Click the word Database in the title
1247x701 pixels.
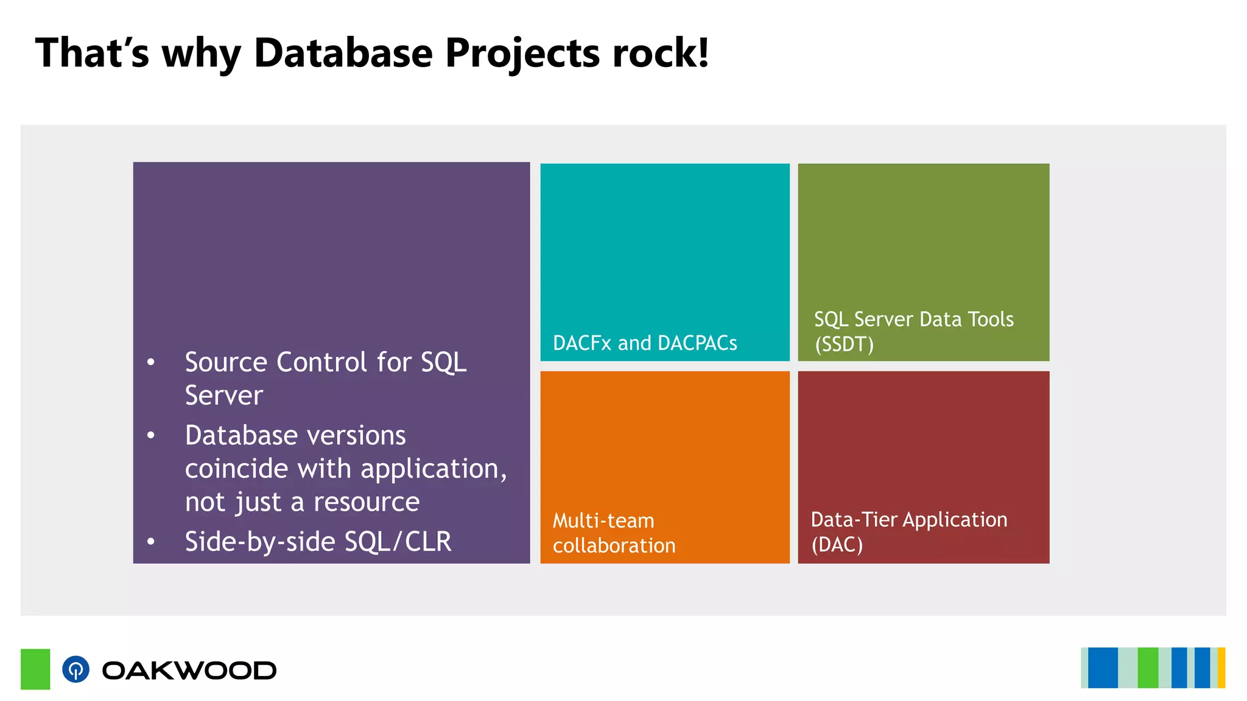click(343, 53)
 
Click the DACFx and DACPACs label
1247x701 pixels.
click(645, 343)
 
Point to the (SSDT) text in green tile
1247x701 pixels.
click(844, 344)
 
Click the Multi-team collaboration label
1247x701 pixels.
click(614, 533)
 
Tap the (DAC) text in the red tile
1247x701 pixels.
click(837, 544)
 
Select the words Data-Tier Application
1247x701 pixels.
click(909, 520)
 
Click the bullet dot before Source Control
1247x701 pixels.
click(151, 363)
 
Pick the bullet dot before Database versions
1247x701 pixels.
click(151, 436)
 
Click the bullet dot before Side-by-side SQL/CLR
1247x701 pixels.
click(151, 542)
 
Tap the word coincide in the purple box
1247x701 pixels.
click(237, 469)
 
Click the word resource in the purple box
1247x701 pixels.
click(366, 502)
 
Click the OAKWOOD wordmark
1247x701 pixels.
click(189, 671)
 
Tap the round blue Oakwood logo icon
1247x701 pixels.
click(76, 669)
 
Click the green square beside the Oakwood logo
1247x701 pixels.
click(35, 669)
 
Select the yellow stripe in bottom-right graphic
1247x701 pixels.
click(1221, 668)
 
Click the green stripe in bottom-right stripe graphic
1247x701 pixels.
click(1148, 668)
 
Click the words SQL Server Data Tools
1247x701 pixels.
click(913, 319)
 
